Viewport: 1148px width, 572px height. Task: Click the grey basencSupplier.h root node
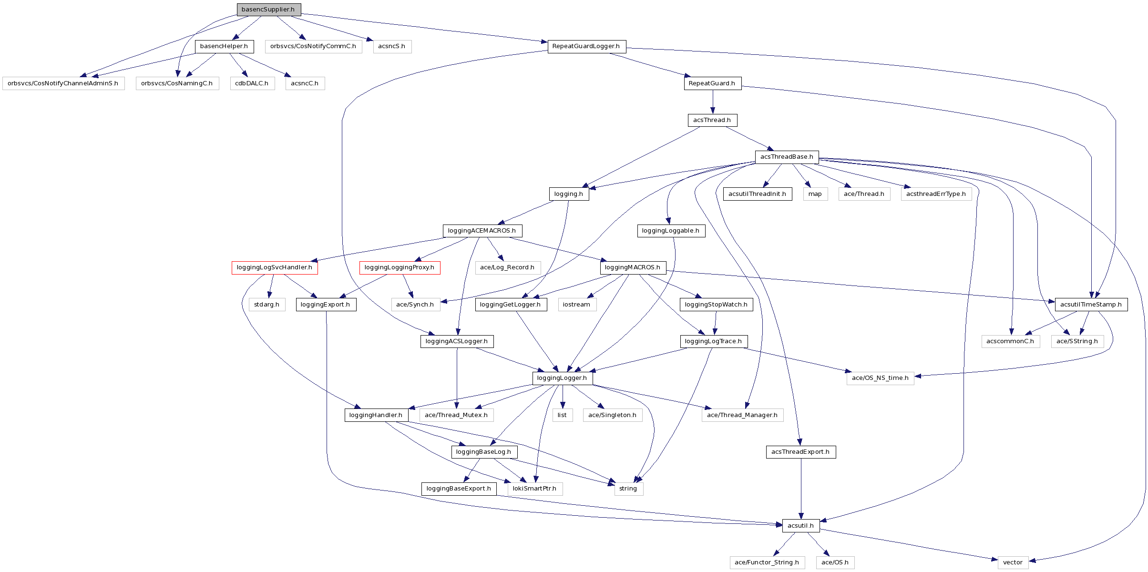(x=268, y=10)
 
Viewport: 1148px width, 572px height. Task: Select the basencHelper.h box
(x=224, y=46)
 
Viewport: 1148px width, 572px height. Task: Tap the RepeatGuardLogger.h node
(x=586, y=46)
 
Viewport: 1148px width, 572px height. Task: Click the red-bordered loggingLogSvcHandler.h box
(x=275, y=267)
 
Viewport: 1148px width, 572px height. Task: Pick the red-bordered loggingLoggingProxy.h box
(x=400, y=267)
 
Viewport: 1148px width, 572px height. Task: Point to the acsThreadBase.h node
(x=787, y=157)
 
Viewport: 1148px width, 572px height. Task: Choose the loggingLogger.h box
(x=562, y=378)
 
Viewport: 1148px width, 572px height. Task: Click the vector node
(x=1013, y=562)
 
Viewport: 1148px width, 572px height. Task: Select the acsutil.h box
(x=801, y=526)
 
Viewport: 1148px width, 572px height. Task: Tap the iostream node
(x=576, y=305)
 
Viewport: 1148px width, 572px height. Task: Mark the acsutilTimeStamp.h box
(x=1091, y=305)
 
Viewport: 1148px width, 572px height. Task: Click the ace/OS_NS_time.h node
(x=880, y=378)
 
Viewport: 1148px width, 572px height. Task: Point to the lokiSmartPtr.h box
(x=534, y=489)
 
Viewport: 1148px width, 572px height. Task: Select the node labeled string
(x=628, y=489)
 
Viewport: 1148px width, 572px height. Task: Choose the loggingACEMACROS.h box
(x=482, y=231)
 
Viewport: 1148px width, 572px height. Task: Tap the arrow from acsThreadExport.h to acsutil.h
(x=801, y=489)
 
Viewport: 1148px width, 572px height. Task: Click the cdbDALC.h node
(x=252, y=83)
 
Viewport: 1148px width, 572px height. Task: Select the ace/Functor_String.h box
(x=767, y=562)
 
